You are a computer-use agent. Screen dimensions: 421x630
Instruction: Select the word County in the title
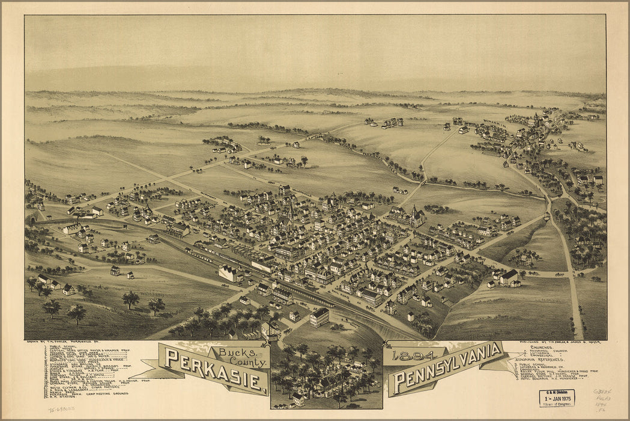tap(250, 362)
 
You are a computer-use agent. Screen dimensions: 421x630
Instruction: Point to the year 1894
tap(409, 355)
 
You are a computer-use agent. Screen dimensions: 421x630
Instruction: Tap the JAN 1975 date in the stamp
tap(556, 398)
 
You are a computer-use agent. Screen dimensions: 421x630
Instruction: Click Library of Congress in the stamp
tap(556, 405)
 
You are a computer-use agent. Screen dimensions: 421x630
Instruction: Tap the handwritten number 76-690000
tap(62, 408)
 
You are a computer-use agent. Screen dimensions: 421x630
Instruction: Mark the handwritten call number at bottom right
tap(602, 399)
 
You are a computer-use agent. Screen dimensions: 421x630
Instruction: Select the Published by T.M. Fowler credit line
tap(558, 342)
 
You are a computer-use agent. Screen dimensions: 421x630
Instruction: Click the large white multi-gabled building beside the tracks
tap(229, 274)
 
